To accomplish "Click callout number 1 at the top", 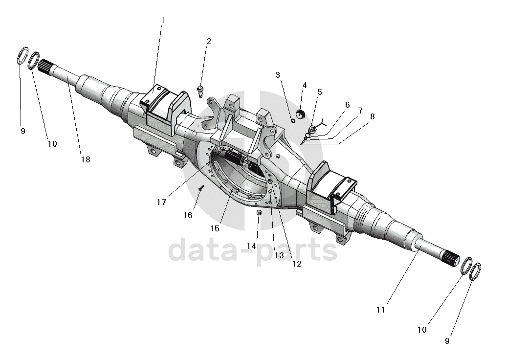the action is tap(163, 20).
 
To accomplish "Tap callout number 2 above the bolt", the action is tap(208, 42).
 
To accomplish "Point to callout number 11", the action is tap(381, 310).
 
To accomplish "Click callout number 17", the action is tap(162, 202).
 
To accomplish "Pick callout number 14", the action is tap(251, 246).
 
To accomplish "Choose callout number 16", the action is tap(188, 215).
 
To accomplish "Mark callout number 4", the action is tap(304, 86).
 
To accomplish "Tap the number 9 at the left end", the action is tap(23, 131).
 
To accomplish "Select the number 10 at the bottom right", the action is tap(422, 330).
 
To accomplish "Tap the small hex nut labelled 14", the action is tap(260, 213).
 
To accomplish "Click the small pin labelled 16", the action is tap(200, 187).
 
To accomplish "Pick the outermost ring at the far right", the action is tap(475, 271).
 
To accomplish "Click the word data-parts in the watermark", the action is tap(253, 250).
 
